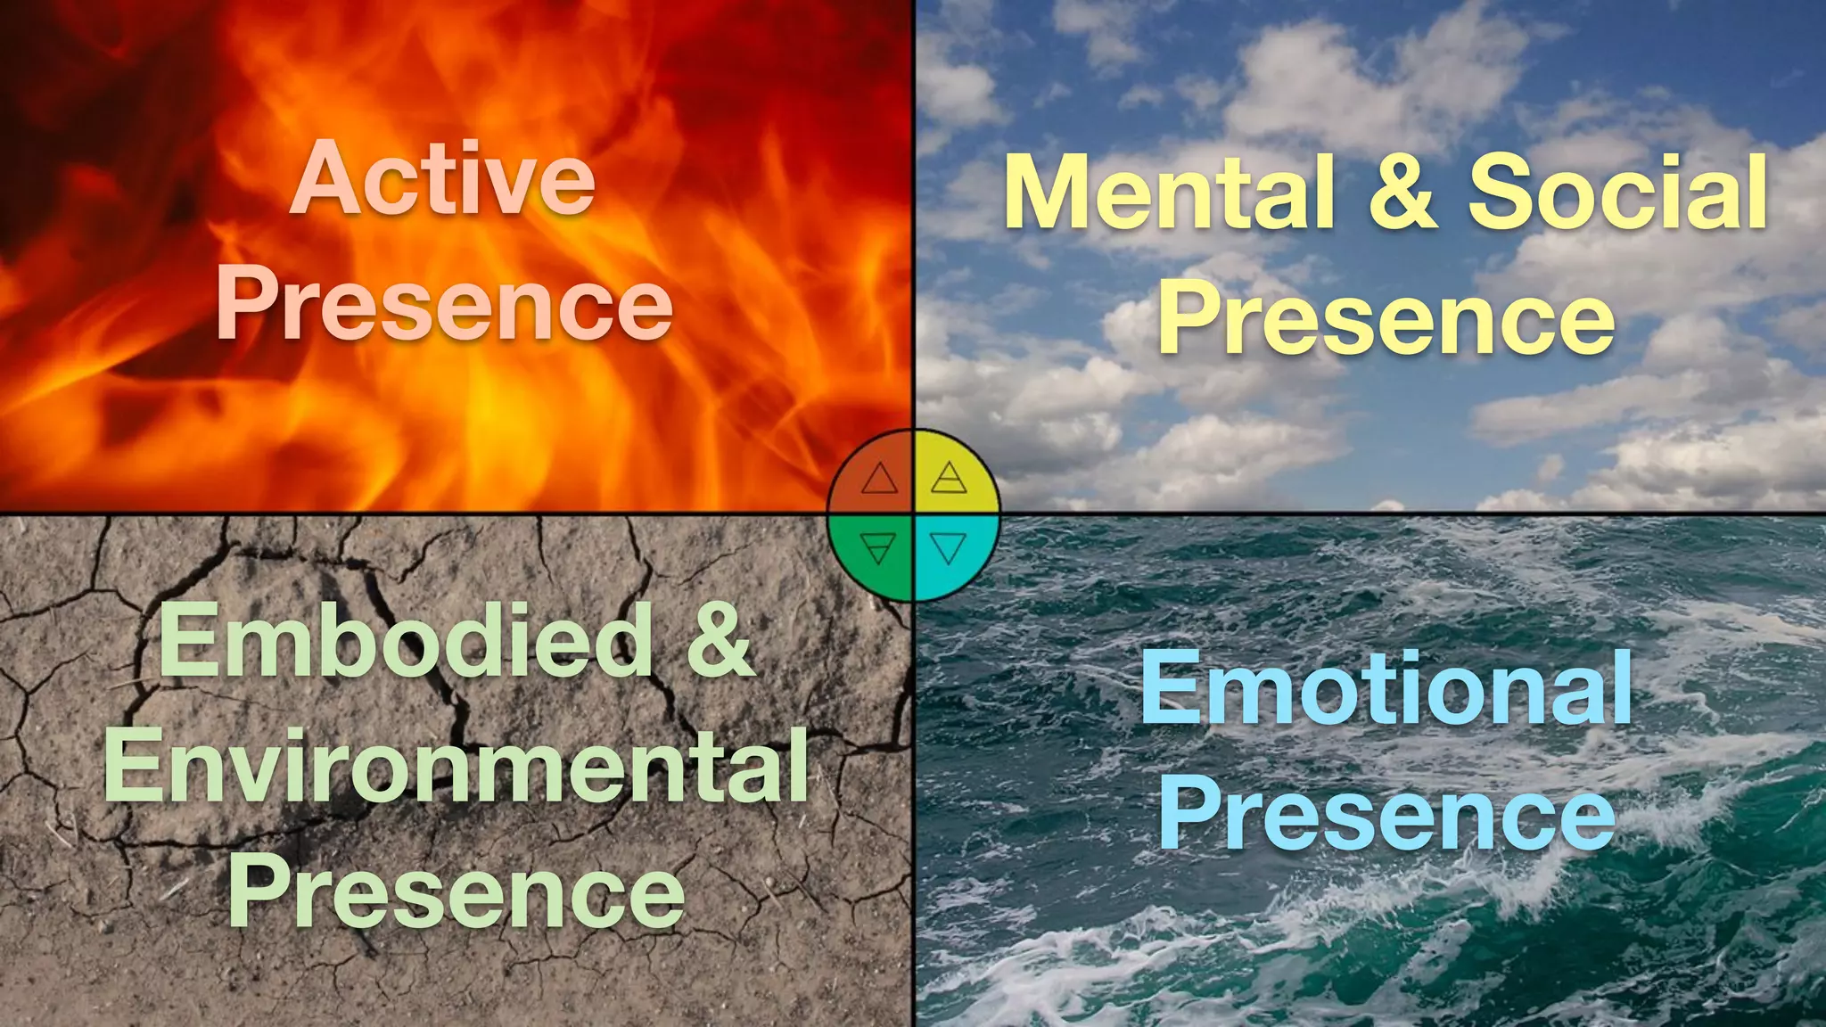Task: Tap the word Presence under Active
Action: click(444, 305)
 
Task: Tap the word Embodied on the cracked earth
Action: click(407, 640)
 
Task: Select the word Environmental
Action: click(456, 765)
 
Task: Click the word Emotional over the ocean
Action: click(1387, 688)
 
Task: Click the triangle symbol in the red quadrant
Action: click(879, 480)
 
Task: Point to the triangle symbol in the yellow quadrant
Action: click(949, 479)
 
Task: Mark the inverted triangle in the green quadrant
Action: click(879, 547)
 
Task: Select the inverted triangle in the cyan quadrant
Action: click(949, 547)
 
